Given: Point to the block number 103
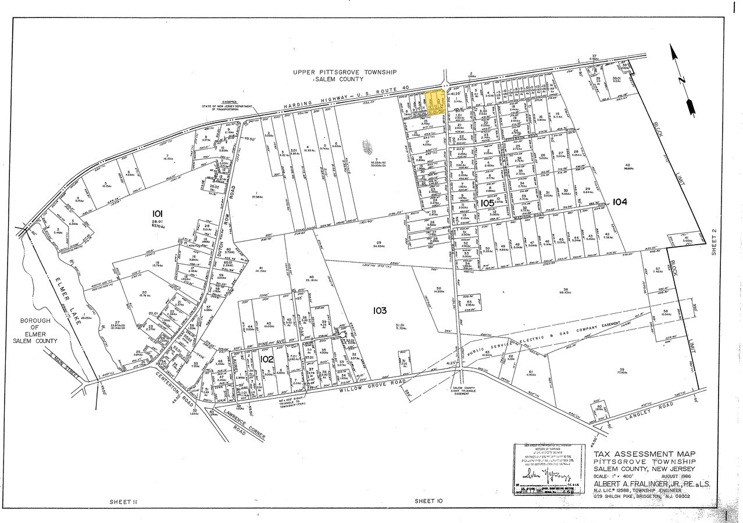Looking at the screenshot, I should pos(380,311).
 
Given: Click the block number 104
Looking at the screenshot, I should pos(620,202).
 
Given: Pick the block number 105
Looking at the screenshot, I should pos(487,203).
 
